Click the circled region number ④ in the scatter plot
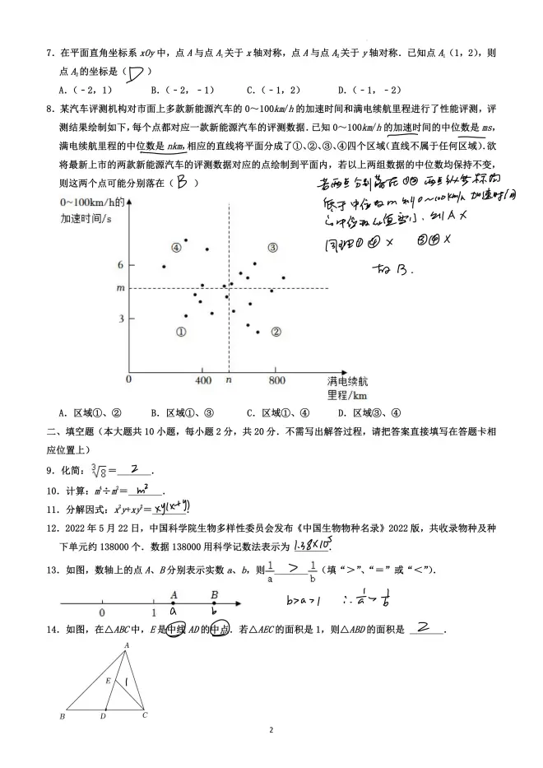point(175,246)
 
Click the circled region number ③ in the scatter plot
point(272,246)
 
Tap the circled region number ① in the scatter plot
point(181,331)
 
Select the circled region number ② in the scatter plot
point(276,332)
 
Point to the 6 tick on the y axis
point(120,264)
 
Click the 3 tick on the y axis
point(120,318)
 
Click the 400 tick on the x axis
point(203,380)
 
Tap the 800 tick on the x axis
point(276,380)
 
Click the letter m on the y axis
point(120,287)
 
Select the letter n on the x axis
point(229,380)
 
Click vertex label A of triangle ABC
point(126,645)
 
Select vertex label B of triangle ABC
point(63,717)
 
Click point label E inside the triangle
point(108,681)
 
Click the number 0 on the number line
point(102,612)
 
